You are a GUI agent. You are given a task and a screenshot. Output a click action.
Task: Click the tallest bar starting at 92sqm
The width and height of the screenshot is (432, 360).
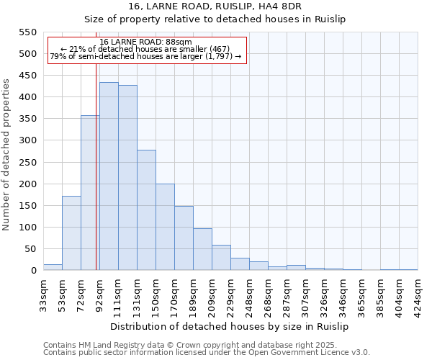[x=109, y=176]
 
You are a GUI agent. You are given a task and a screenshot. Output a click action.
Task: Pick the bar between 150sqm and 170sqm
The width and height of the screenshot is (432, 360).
[x=165, y=227]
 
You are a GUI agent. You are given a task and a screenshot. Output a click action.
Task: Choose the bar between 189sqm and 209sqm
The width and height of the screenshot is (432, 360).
[x=202, y=249]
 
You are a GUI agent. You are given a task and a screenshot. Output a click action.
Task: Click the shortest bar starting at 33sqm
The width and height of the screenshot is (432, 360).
[x=53, y=267]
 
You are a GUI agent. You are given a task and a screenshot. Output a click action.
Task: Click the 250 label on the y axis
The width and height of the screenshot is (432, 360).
[x=27, y=163]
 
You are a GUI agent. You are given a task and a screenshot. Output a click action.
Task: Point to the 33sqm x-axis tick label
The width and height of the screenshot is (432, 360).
[x=43, y=292]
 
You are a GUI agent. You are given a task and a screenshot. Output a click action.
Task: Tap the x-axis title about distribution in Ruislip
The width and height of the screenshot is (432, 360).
[x=230, y=326]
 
